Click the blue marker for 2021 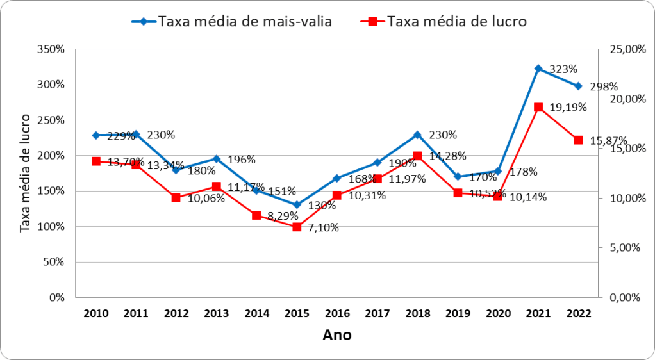[x=538, y=69]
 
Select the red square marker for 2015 [x=297, y=227]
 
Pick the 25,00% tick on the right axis [x=622, y=49]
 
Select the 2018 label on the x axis [x=417, y=313]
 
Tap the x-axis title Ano [x=336, y=335]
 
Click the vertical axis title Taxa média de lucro [x=25, y=173]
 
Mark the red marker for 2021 [x=538, y=107]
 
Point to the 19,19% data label [x=568, y=108]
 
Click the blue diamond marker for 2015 [x=297, y=205]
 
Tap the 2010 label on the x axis [x=95, y=313]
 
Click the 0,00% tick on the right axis [x=623, y=297]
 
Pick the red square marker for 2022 [x=578, y=140]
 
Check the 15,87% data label [x=608, y=140]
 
